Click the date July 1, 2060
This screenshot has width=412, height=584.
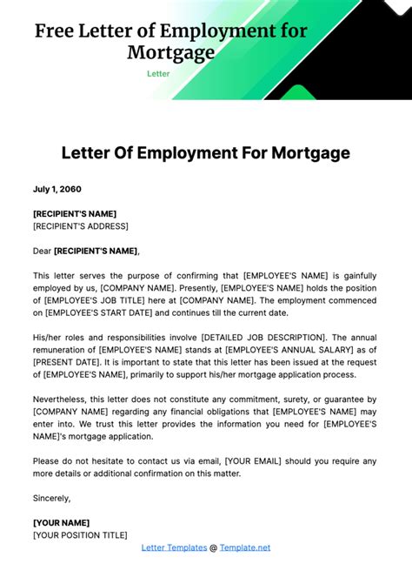pos(57,188)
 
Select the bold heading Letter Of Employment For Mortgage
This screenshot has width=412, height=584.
pos(205,153)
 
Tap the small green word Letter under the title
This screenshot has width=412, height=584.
pos(158,74)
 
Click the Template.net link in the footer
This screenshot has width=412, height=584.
pos(244,547)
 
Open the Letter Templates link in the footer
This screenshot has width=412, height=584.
pos(173,547)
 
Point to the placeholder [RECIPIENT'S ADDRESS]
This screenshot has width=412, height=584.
pos(80,226)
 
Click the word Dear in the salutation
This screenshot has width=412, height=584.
pos(42,251)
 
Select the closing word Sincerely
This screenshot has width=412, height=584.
pos(51,498)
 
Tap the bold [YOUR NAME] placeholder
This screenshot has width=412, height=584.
pos(66,523)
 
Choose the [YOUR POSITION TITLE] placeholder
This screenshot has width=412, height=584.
pos(80,535)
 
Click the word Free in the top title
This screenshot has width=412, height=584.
pos(53,32)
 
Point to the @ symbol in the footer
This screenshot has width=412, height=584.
pos(213,547)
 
